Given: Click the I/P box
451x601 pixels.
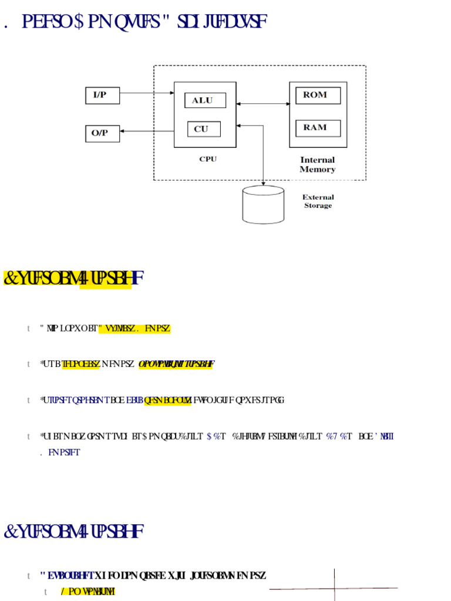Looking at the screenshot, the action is pyautogui.click(x=102, y=95).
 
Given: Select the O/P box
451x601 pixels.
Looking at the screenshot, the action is pyautogui.click(x=102, y=133).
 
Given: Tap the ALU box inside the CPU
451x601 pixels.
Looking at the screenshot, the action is pyautogui.click(x=204, y=100).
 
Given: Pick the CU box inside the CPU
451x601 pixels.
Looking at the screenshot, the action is pyautogui.click(x=203, y=129).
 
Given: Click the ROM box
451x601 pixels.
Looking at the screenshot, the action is pyautogui.click(x=318, y=95).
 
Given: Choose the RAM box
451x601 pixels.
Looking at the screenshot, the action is pyautogui.click(x=318, y=127).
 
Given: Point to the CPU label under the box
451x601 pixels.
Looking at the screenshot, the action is pyautogui.click(x=208, y=159).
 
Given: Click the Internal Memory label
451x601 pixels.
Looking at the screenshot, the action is pyautogui.click(x=317, y=164).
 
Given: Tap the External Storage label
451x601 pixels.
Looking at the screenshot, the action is pyautogui.click(x=318, y=201).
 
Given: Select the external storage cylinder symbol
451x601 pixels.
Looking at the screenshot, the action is pyautogui.click(x=263, y=205).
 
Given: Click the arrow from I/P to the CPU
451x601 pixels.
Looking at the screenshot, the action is pyautogui.click(x=147, y=93).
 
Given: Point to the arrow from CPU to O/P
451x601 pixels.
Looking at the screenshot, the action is pyautogui.click(x=147, y=131).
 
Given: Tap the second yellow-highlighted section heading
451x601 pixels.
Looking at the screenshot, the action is pyautogui.click(x=74, y=532).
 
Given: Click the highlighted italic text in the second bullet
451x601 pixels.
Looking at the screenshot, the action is pyautogui.click(x=176, y=364).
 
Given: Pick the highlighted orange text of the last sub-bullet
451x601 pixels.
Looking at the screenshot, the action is pyautogui.click(x=88, y=592).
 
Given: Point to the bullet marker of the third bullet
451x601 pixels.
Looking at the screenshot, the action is pyautogui.click(x=28, y=400).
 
